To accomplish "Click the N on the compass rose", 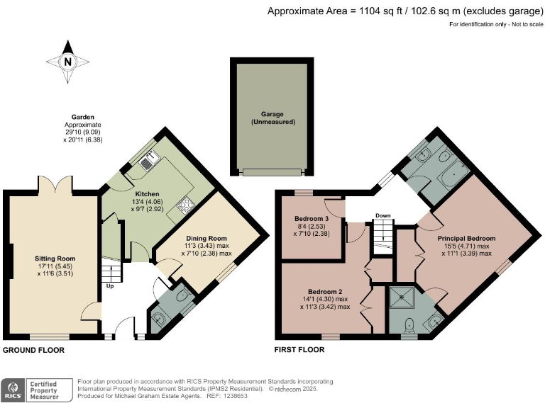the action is tap(68, 62).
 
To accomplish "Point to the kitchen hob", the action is tap(186, 204).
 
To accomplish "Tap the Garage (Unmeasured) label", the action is tap(272, 118).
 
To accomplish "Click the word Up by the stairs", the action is tap(110, 286).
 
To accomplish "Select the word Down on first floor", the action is tap(382, 215).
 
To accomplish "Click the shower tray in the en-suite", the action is tap(402, 297).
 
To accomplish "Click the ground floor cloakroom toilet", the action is tap(183, 295).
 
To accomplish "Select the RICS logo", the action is tap(13, 390).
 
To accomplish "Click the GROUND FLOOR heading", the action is tap(34, 350).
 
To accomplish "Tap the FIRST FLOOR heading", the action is tap(299, 350).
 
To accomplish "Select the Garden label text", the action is tap(83, 117).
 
